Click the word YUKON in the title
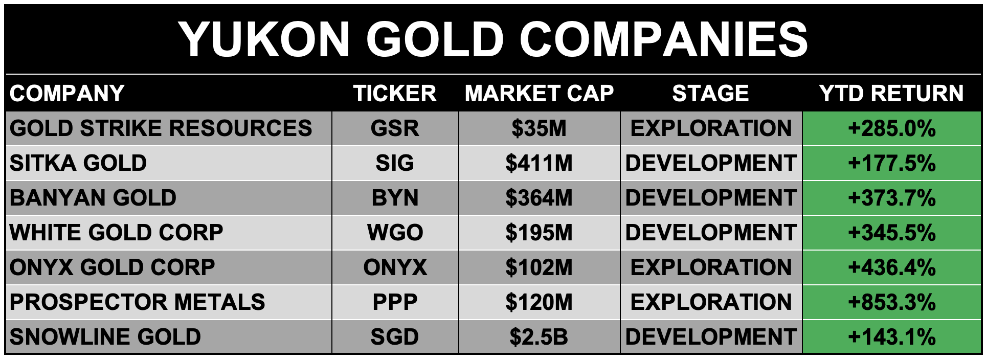[264, 39]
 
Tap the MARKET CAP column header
[539, 94]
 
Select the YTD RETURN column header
[891, 94]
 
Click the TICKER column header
[395, 94]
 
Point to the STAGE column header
[710, 94]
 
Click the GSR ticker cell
[395, 128]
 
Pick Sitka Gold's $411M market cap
[539, 163]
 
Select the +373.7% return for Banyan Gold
[891, 198]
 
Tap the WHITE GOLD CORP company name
[116, 233]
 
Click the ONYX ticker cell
[395, 267]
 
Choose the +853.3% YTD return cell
[891, 302]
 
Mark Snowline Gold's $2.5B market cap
[539, 337]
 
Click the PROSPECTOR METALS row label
[137, 302]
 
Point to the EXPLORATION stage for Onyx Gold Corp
[711, 267]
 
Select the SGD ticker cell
[395, 337]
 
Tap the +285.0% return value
[891, 128]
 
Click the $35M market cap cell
[539, 128]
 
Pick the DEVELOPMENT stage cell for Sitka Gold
[711, 163]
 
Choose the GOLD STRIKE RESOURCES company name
[161, 128]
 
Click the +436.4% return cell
[891, 267]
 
